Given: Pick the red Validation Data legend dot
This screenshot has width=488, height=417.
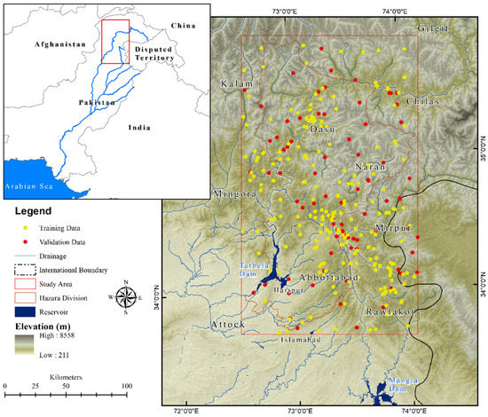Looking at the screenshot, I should click(x=26, y=241).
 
